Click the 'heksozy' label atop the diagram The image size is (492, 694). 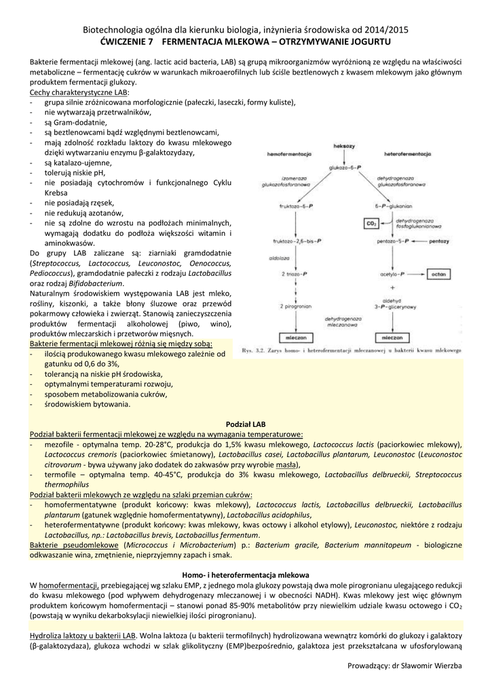click(x=345, y=146)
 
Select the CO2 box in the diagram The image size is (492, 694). click(x=371, y=223)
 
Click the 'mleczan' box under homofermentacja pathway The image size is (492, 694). click(x=296, y=337)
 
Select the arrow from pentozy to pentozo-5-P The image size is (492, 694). click(x=419, y=241)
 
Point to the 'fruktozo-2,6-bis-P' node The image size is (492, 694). click(x=297, y=241)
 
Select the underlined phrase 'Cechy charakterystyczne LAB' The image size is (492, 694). click(x=79, y=91)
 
